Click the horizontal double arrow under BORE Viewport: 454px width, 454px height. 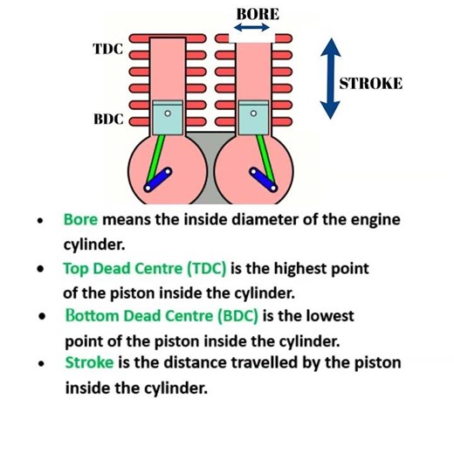252,29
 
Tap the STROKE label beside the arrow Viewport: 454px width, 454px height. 371,84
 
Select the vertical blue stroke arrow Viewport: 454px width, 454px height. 329,78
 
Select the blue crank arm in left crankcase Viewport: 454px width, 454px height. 157,181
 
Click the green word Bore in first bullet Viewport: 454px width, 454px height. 79,220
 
